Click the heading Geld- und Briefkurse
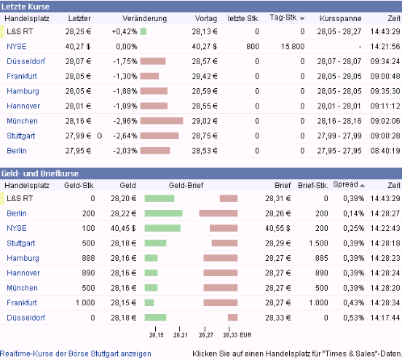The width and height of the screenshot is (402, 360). coord(39,173)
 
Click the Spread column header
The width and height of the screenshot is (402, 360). coord(345,185)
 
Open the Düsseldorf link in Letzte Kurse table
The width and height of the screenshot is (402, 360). coord(25,61)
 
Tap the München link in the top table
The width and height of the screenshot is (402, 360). coord(22,121)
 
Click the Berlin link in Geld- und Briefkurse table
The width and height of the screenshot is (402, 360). coord(17,214)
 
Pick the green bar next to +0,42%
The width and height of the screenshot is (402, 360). coord(143,31)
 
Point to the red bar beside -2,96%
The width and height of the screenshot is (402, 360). coord(161,121)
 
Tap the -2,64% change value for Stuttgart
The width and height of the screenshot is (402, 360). coord(125,136)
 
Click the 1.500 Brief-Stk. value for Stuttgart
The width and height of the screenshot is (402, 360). coord(318,243)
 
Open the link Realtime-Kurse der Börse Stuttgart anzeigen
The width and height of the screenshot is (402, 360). coord(76,353)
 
